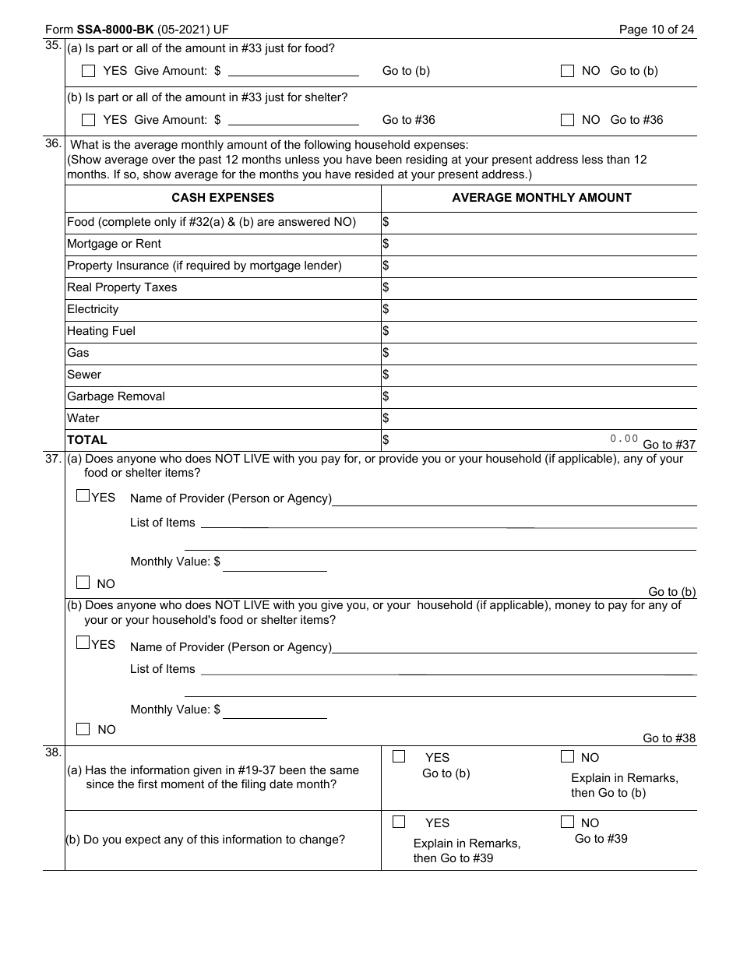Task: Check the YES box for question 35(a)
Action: [x=89, y=71]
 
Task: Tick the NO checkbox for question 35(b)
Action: [x=568, y=120]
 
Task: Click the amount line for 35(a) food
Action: [x=293, y=71]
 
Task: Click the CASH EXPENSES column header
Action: [x=223, y=198]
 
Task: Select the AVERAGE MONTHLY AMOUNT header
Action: [x=541, y=198]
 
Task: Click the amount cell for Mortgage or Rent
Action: [x=539, y=245]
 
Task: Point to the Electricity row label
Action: [x=93, y=309]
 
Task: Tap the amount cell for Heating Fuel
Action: [x=539, y=332]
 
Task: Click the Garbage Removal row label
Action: [x=116, y=396]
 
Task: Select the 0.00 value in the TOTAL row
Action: [x=624, y=438]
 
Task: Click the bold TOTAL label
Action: [x=87, y=440]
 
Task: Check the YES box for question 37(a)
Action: [x=83, y=495]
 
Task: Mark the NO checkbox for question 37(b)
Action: [x=83, y=729]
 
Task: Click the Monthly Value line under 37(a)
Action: [x=274, y=562]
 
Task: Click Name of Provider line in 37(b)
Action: [x=514, y=647]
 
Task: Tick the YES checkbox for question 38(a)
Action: [x=399, y=756]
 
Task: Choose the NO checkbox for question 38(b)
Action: [x=567, y=822]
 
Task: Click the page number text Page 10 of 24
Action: [x=657, y=30]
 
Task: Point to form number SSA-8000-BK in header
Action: [x=115, y=30]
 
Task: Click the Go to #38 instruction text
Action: [x=669, y=738]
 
